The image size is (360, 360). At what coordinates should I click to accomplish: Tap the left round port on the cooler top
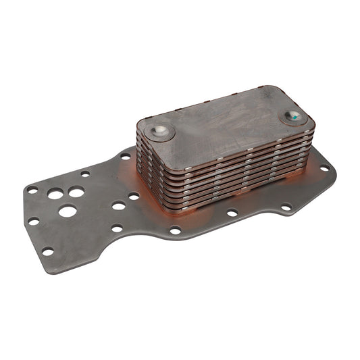pos(160,130)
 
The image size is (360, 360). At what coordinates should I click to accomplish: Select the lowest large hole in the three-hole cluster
pos(68,211)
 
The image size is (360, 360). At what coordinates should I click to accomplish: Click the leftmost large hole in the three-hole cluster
pos(55,193)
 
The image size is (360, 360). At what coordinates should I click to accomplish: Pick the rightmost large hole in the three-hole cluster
pos(77,192)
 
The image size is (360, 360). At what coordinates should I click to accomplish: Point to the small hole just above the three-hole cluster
pos(85,174)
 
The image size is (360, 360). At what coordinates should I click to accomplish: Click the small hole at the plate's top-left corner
pos(32,190)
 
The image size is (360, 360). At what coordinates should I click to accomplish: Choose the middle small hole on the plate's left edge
pos(33,221)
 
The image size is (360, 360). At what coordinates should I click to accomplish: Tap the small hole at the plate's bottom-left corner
pos(48,251)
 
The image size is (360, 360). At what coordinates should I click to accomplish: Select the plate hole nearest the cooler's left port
pos(126,156)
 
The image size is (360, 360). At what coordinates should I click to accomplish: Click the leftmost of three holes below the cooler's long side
pos(175,230)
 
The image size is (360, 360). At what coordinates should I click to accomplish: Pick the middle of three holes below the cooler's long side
pos(232,213)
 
